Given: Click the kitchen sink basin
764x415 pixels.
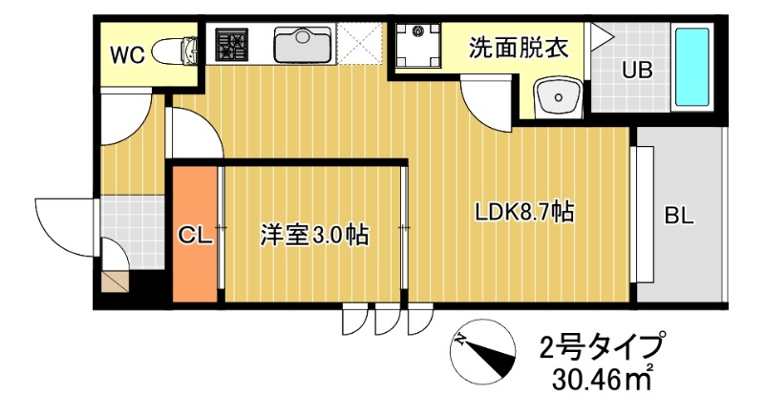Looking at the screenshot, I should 303,44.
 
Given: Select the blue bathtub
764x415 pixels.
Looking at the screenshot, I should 692,67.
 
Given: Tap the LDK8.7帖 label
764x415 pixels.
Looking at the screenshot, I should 524,212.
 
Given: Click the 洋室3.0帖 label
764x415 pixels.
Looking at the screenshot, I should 315,233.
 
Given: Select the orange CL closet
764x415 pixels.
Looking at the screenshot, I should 195,234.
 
